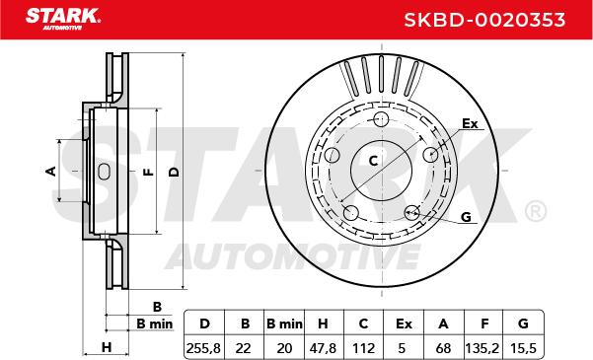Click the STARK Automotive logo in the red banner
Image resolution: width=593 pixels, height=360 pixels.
(63, 19)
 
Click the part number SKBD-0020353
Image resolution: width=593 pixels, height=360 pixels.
(484, 20)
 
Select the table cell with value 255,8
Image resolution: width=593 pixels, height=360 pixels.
(204, 347)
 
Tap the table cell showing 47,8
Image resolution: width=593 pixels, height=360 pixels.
(323, 347)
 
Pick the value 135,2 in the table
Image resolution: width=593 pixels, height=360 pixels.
(484, 347)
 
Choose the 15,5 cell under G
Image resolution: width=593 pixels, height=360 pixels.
(523, 347)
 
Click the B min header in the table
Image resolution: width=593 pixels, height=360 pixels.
(284, 324)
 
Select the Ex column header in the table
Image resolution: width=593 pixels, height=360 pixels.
(404, 324)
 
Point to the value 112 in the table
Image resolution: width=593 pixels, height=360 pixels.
(363, 347)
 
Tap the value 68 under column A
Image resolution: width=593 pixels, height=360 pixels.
(443, 347)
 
